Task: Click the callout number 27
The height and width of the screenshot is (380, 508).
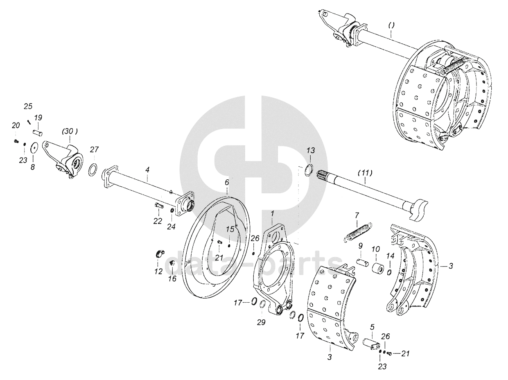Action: (94, 149)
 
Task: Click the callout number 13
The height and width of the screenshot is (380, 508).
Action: (311, 150)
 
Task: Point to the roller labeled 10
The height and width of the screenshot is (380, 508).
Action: (378, 268)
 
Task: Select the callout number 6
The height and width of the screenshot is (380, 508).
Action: (227, 182)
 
